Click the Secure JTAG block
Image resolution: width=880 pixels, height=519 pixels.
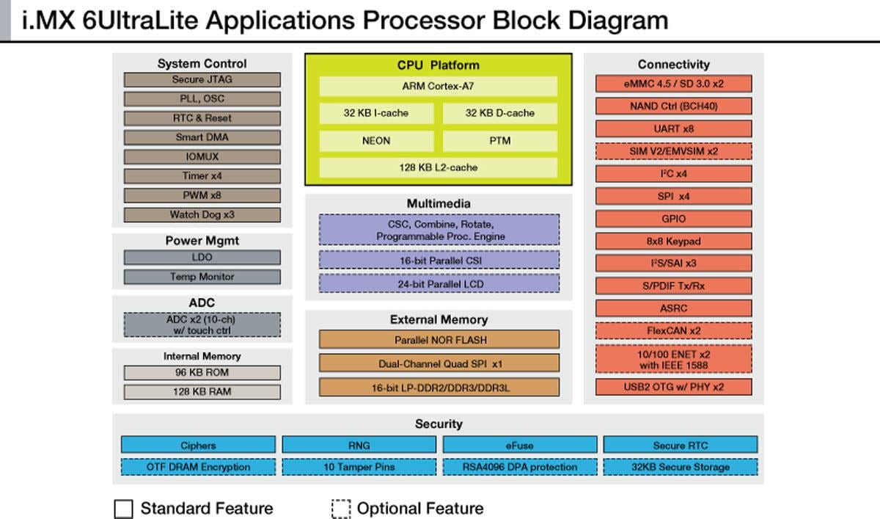tap(202, 80)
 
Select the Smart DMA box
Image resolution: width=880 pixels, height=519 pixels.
tap(202, 137)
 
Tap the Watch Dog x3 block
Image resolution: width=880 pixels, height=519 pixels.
tap(202, 215)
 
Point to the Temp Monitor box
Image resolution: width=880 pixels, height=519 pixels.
tap(202, 277)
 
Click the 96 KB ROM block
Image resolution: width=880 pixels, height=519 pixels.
tap(202, 373)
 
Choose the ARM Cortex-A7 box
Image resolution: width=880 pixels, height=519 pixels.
tap(438, 87)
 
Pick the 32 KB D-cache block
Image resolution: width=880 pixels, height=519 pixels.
tap(499, 113)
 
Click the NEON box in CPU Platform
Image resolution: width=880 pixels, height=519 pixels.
tap(375, 141)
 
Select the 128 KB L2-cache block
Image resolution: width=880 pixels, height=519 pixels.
tap(438, 167)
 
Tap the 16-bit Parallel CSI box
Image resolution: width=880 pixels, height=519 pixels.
tap(439, 261)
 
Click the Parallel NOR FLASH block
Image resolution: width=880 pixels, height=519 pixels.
tap(439, 340)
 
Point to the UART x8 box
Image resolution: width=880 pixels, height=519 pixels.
tap(672, 129)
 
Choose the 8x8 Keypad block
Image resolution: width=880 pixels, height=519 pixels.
tap(672, 241)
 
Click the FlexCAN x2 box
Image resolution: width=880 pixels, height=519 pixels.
tap(672, 331)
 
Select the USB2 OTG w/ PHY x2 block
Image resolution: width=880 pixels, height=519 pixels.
tap(672, 387)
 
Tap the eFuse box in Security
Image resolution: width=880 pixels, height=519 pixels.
tap(518, 445)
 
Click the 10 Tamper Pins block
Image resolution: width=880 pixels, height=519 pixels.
tap(359, 467)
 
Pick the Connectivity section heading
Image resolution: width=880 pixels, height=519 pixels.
tap(673, 65)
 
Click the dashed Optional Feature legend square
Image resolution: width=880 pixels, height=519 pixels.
tap(341, 509)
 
